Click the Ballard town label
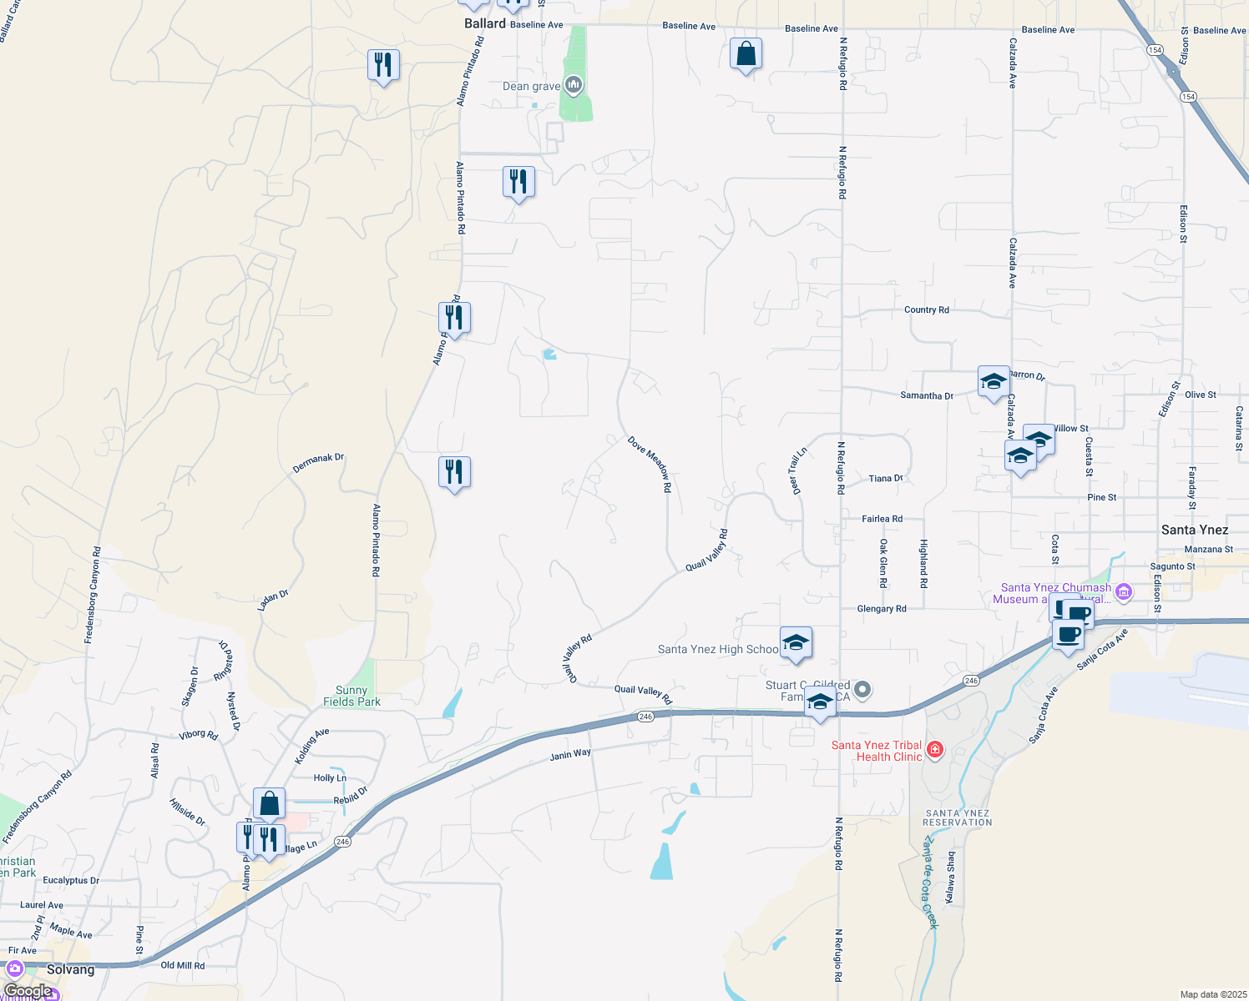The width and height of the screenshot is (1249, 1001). tap(485, 23)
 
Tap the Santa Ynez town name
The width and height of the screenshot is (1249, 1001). tap(1195, 530)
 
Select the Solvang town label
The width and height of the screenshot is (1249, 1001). tap(70, 969)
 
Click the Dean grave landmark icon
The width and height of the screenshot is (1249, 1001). tap(573, 85)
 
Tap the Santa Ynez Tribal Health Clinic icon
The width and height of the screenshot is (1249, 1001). tap(935, 749)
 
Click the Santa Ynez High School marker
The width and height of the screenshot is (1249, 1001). tap(796, 643)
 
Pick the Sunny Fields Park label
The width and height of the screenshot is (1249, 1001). tap(351, 696)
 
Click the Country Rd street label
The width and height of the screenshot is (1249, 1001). tap(926, 309)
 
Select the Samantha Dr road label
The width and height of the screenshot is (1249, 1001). tap(927, 395)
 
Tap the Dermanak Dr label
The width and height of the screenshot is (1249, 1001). tap(318, 464)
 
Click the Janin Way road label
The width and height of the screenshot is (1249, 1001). tap(570, 755)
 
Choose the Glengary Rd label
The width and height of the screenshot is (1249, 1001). tap(882, 609)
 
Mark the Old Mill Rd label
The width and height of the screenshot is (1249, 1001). tap(182, 965)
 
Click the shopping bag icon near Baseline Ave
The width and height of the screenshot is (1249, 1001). tap(746, 54)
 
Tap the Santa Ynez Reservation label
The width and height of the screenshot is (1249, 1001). tap(958, 817)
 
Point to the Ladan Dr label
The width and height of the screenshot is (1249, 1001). tap(273, 600)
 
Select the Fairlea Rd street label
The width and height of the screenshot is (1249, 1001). tap(882, 519)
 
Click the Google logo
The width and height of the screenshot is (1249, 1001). tap(28, 990)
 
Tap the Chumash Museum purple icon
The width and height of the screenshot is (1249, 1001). tap(1124, 592)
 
